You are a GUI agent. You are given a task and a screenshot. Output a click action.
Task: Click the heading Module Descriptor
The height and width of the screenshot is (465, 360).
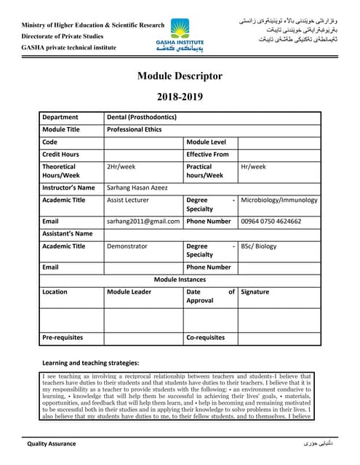pos(180,76)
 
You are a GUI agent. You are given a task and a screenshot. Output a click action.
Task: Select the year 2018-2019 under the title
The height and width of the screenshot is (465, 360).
pos(180,96)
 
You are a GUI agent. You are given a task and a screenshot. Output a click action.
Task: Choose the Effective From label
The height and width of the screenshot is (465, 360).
pos(208,154)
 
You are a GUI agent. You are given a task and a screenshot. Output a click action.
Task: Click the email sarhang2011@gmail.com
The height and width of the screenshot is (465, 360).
pos(143,221)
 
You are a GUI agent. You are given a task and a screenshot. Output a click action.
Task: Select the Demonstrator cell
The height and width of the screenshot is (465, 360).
pos(127,246)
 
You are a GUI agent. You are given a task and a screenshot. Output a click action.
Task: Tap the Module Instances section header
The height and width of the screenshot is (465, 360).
pos(180,279)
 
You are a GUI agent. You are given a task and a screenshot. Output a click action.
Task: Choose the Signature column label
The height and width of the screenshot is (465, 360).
pos(255,291)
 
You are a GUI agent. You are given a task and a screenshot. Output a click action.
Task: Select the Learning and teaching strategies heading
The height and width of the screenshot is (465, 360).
pos(91,363)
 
